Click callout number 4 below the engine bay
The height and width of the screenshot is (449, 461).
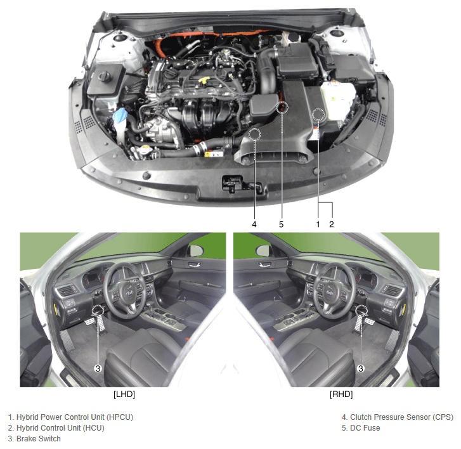point(254,224)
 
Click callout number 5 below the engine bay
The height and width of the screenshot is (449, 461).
point(282,224)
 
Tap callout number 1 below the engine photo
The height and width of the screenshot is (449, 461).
point(318,224)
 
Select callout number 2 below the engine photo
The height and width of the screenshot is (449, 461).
point(332,224)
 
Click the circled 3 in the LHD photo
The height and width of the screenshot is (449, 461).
point(98,368)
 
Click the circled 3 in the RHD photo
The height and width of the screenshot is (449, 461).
point(361,368)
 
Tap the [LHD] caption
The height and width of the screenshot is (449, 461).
point(124,394)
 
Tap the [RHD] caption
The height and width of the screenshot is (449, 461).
point(341,394)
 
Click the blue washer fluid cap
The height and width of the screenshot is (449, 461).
point(120,115)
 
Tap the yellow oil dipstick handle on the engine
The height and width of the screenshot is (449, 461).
point(204,80)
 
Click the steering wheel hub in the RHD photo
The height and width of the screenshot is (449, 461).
point(330,292)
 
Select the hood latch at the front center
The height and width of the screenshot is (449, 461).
point(232,183)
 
